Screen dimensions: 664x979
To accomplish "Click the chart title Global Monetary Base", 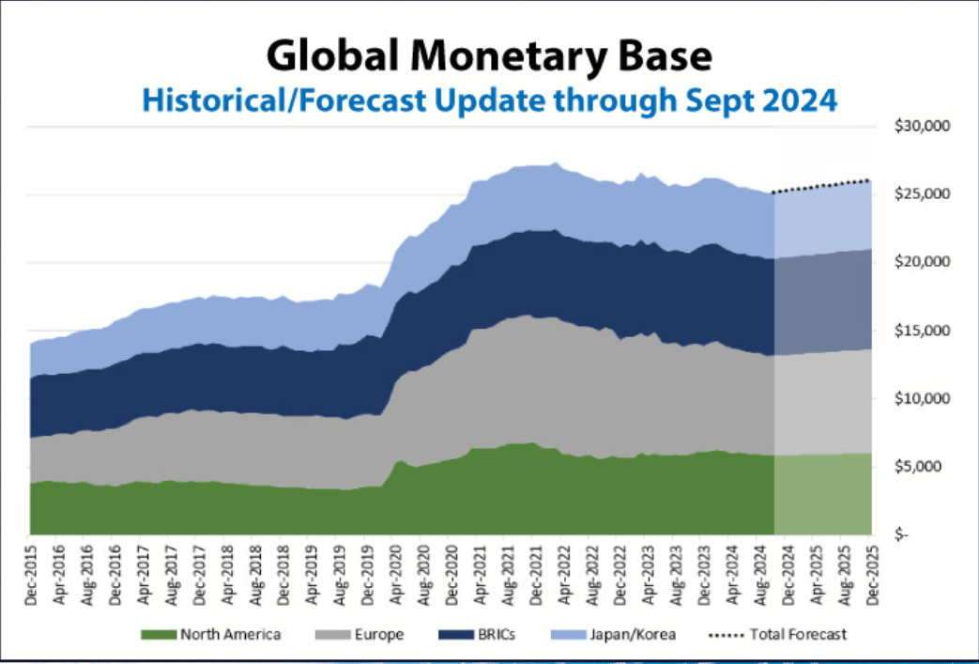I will pos(489,55).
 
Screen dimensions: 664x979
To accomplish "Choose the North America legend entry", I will pos(230,635).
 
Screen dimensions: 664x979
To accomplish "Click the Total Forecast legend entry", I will pos(798,635).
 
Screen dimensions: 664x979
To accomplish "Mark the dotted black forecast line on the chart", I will pos(821,186).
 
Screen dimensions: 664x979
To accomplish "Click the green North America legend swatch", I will pos(158,635).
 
